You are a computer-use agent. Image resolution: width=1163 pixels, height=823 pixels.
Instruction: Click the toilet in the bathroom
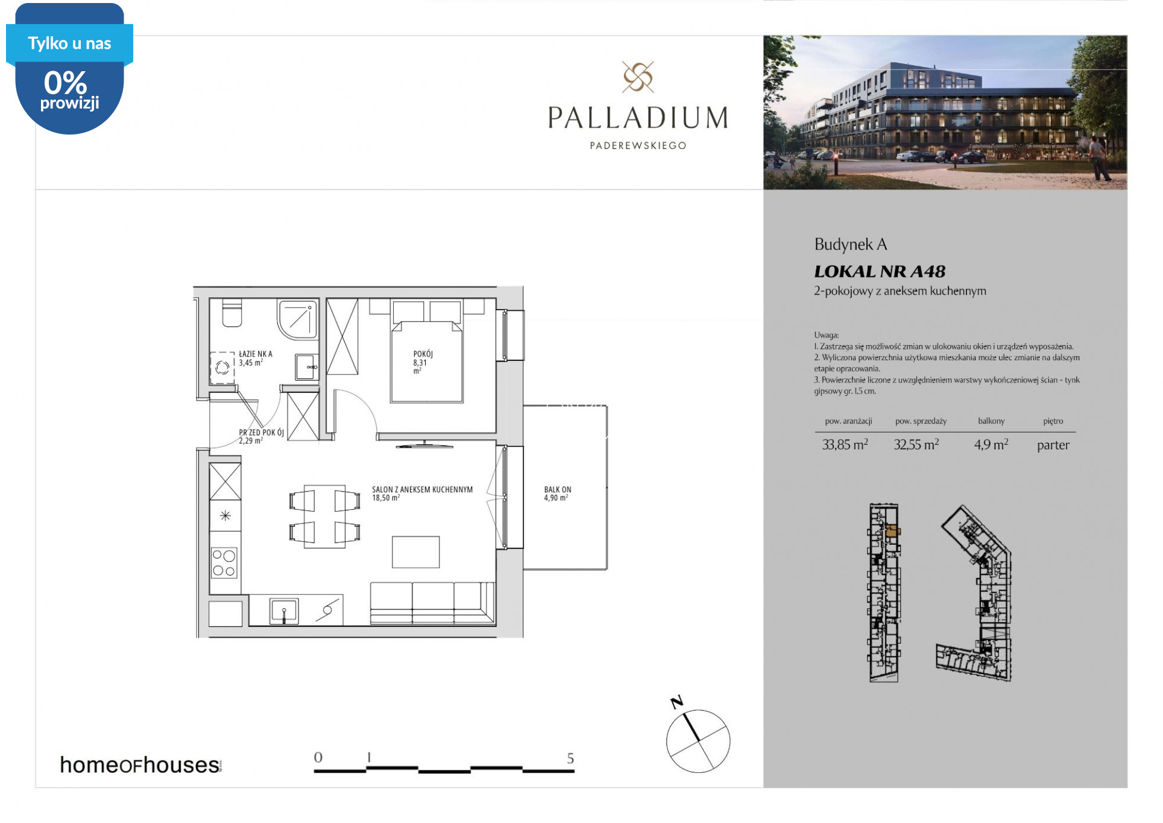[x=232, y=313]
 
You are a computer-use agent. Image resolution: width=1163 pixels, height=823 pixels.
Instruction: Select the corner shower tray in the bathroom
[x=298, y=319]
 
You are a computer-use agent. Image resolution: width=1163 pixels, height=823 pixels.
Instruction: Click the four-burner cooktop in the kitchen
[x=224, y=563]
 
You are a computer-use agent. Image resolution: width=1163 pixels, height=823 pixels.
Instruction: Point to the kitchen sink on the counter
[x=284, y=611]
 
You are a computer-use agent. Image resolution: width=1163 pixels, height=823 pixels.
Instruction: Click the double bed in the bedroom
[x=427, y=361]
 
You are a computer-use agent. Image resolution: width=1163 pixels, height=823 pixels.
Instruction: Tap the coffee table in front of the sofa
[x=417, y=553]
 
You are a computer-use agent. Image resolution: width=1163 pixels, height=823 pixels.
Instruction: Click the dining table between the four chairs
[x=325, y=517]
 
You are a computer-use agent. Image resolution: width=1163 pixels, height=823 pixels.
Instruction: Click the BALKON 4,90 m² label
[x=558, y=494]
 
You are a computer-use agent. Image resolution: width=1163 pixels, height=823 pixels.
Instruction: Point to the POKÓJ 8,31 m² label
[x=423, y=363]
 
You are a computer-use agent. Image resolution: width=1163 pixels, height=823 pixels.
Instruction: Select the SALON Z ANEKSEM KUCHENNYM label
[x=423, y=490]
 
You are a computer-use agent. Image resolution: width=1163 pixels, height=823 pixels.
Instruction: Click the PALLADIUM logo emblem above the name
[x=638, y=77]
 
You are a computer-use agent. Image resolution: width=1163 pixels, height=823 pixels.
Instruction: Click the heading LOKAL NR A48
[x=880, y=272]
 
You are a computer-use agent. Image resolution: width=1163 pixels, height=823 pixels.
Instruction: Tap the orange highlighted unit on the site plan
[x=893, y=532]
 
